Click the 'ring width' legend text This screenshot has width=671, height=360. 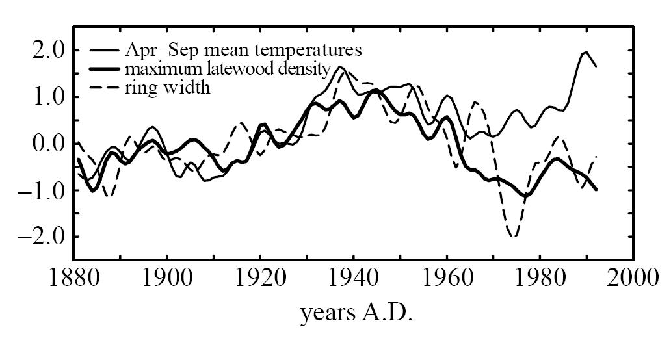pos(168,87)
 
